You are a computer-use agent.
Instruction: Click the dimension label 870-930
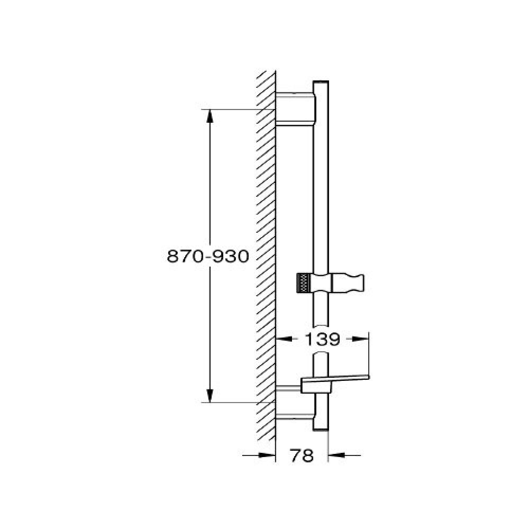[x=208, y=257]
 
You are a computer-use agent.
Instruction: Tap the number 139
[x=322, y=340]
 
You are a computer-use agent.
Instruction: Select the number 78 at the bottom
[x=302, y=456]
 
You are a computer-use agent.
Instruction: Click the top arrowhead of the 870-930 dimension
[x=210, y=117]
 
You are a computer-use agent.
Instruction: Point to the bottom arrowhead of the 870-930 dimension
[x=210, y=396]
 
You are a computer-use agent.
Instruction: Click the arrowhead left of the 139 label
[x=284, y=339]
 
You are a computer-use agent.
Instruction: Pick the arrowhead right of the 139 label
[x=360, y=339]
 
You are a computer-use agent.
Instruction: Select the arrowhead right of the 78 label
[x=336, y=455]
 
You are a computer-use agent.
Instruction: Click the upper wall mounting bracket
[x=296, y=108]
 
